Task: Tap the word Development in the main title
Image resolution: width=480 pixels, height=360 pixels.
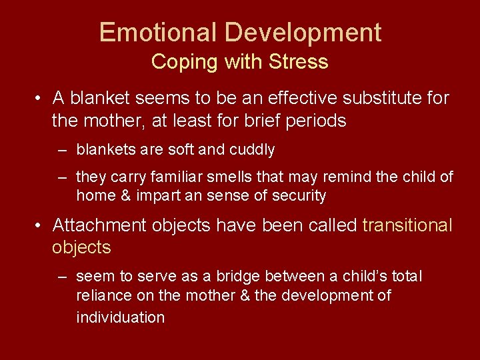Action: pos(303,32)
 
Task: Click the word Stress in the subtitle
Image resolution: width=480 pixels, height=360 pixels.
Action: pos(299,62)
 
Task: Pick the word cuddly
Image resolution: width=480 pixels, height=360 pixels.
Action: pos(252,150)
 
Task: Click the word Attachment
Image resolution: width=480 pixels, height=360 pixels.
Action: pos(99,225)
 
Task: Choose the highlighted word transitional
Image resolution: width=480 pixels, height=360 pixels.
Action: pos(407,225)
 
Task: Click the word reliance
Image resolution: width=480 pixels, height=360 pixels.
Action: pos(103,295)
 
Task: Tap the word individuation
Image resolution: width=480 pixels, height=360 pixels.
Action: pos(121,317)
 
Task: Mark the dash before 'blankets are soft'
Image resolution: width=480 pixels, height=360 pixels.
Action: pos(63,150)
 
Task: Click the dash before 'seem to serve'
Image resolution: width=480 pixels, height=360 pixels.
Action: pos(63,276)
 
